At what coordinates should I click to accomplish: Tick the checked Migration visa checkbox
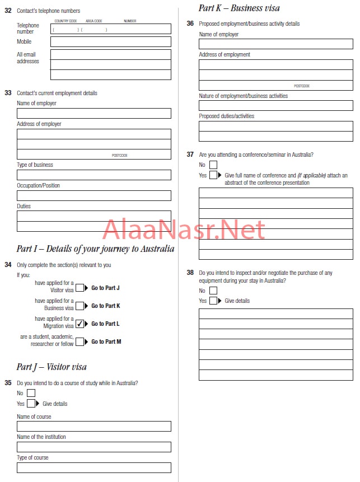80,324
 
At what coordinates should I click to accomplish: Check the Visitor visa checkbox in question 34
80,288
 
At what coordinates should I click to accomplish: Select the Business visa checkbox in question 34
80,306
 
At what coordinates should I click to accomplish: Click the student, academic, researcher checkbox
80,341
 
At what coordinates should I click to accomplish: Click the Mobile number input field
110,41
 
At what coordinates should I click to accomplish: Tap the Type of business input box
93,175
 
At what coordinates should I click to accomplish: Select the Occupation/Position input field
93,195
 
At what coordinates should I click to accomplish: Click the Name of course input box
93,426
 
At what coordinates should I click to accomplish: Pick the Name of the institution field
93,447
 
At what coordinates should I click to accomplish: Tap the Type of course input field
93,467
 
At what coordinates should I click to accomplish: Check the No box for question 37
213,165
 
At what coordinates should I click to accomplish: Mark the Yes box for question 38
213,301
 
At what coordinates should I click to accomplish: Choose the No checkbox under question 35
31,393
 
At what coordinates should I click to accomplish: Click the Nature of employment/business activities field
275,105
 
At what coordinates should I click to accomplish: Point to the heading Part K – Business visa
239,8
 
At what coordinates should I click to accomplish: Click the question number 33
8,93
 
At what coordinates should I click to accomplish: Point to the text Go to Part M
106,341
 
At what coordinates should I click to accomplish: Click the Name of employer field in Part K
275,44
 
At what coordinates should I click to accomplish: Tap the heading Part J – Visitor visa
52,367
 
